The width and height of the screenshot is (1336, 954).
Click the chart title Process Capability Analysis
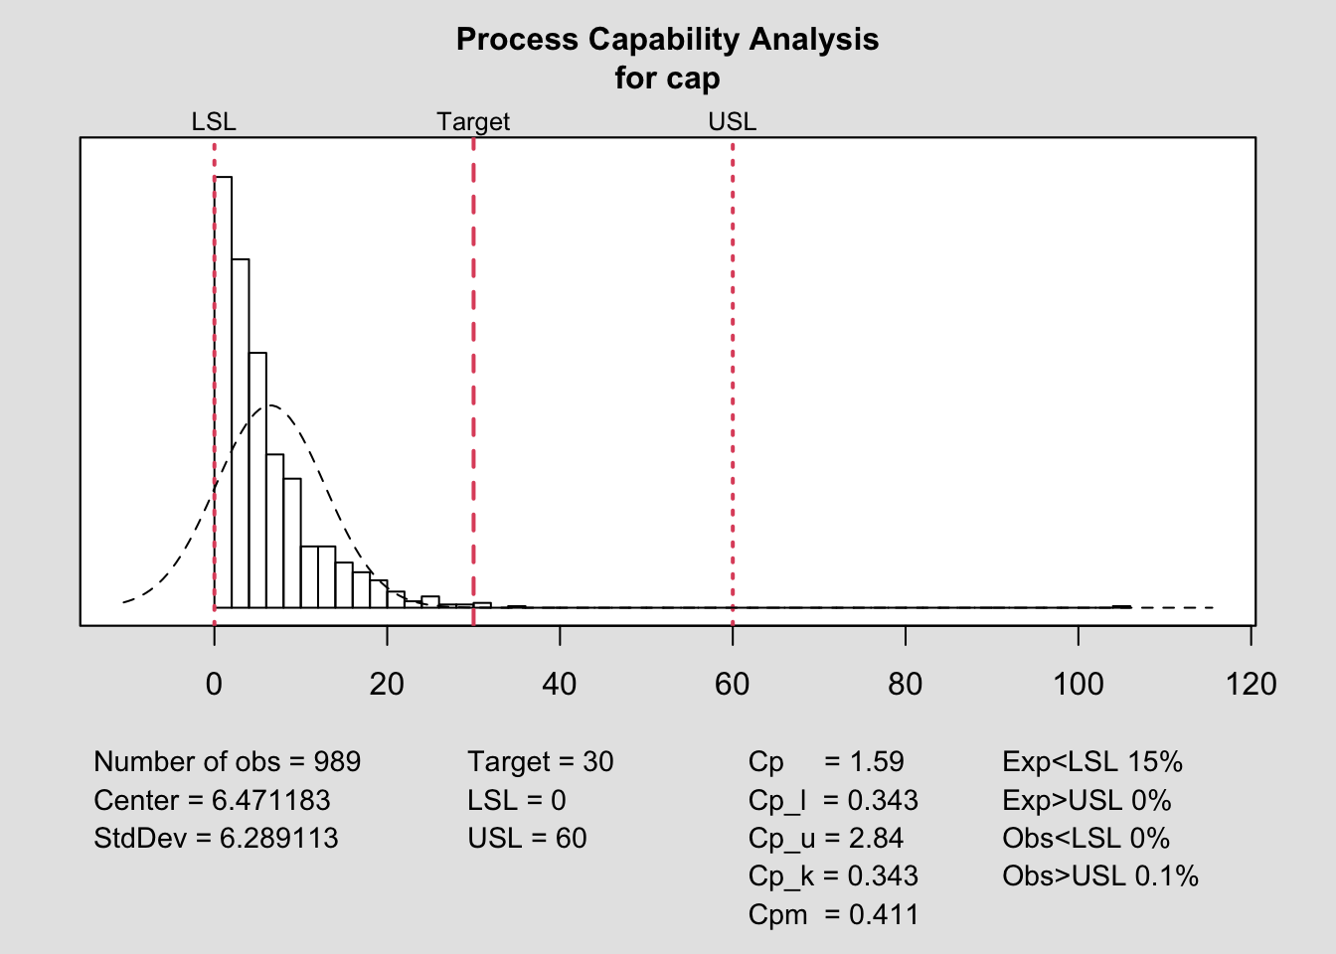pos(667,40)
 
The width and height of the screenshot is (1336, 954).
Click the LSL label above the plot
pos(214,122)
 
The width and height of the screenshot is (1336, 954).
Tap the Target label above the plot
pos(473,122)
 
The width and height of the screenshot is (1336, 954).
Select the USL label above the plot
pos(733,122)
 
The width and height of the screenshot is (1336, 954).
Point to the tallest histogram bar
pos(224,397)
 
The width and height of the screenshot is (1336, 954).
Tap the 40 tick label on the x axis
pos(560,685)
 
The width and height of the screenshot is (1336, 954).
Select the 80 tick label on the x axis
pos(906,685)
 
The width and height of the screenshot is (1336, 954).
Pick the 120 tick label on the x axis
pos(1252,685)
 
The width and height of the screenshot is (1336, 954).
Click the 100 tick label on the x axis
pos(1079,685)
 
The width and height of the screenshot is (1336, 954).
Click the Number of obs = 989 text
pos(227,762)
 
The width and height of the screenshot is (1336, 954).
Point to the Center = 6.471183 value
pos(212,801)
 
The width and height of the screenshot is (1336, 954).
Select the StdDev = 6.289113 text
pos(216,839)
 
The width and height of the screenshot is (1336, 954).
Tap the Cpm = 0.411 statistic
pos(833,914)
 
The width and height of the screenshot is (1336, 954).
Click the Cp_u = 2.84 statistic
pos(825,839)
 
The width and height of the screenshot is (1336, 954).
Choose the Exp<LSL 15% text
pos(1092,762)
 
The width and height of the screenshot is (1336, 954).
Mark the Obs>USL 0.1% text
pos(1100,876)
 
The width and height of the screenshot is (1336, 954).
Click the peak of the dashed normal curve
pos(270,404)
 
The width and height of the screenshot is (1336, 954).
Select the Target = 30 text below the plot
pos(541,762)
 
